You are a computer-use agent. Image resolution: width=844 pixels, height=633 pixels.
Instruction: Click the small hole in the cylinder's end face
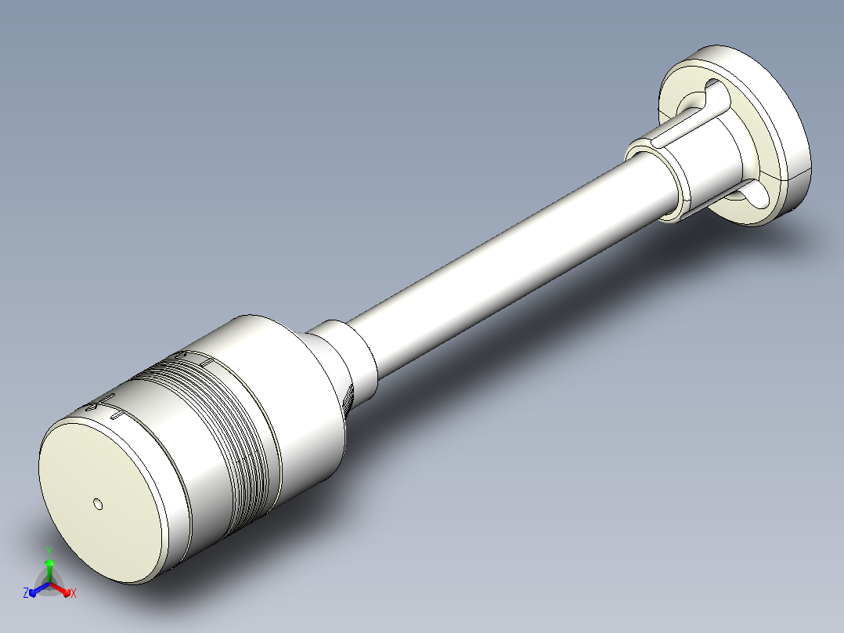98,505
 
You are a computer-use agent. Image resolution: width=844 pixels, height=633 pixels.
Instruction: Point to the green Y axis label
49,552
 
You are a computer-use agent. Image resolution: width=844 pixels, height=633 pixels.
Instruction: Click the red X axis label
74,593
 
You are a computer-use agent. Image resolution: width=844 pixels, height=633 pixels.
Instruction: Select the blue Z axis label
25,592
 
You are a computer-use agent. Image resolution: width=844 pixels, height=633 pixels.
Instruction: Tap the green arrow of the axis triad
49,571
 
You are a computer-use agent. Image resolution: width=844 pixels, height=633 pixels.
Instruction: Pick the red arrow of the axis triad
60,588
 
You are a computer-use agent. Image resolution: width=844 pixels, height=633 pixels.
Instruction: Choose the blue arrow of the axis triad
39,589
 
